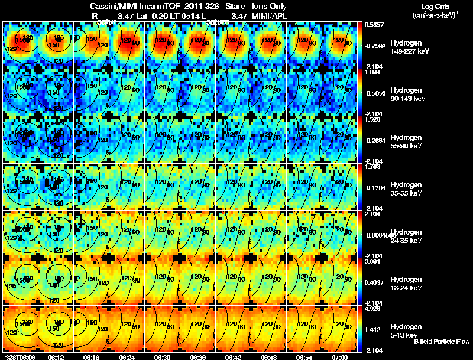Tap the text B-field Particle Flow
pyautogui.click(x=442, y=341)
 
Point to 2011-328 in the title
pyautogui.click(x=203, y=5)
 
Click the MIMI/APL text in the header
pyautogui.click(x=273, y=15)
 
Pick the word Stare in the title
pyautogui.click(x=235, y=5)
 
